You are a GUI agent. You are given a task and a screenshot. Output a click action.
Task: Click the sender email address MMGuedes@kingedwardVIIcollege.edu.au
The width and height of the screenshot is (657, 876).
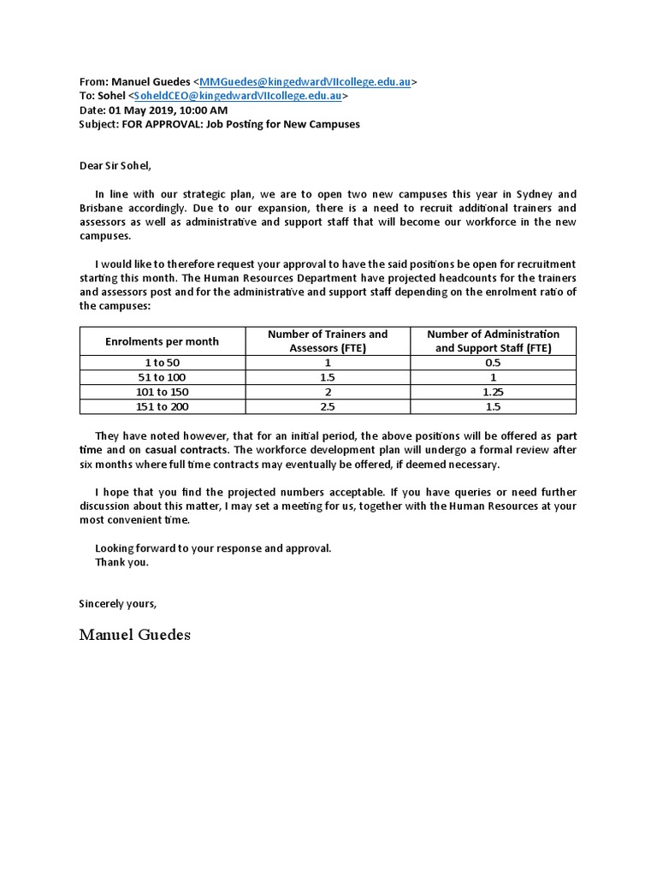(305, 82)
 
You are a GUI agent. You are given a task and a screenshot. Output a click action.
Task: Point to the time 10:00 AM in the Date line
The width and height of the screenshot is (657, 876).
(204, 110)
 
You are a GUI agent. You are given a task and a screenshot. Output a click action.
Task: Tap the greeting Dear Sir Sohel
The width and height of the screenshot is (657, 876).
(115, 165)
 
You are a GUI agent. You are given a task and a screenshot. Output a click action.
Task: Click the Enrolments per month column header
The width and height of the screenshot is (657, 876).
(162, 341)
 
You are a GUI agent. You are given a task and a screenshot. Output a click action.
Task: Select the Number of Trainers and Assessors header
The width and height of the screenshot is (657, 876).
(328, 341)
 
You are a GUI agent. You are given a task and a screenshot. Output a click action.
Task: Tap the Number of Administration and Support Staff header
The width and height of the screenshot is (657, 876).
(494, 341)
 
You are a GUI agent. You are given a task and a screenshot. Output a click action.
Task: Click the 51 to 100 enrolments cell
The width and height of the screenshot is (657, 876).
(162, 377)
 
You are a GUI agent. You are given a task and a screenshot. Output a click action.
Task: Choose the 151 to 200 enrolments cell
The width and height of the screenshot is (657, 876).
(162, 406)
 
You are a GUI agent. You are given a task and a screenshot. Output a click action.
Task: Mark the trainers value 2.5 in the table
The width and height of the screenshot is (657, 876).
(328, 406)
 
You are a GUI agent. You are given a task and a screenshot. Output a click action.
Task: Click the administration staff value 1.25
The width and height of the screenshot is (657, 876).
(494, 392)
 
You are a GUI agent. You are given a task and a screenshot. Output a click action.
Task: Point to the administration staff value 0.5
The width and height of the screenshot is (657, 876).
(494, 363)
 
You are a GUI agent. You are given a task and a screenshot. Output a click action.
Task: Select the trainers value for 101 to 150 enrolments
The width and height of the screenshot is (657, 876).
(328, 392)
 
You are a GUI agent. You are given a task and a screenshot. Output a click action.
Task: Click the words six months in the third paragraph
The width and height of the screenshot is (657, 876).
(107, 465)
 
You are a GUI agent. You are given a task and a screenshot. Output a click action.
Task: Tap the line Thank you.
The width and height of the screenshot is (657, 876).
(121, 562)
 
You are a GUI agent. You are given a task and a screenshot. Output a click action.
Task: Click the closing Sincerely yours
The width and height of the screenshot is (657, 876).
(118, 603)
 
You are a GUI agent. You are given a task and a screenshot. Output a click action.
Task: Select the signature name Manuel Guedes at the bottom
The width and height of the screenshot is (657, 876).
(135, 634)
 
